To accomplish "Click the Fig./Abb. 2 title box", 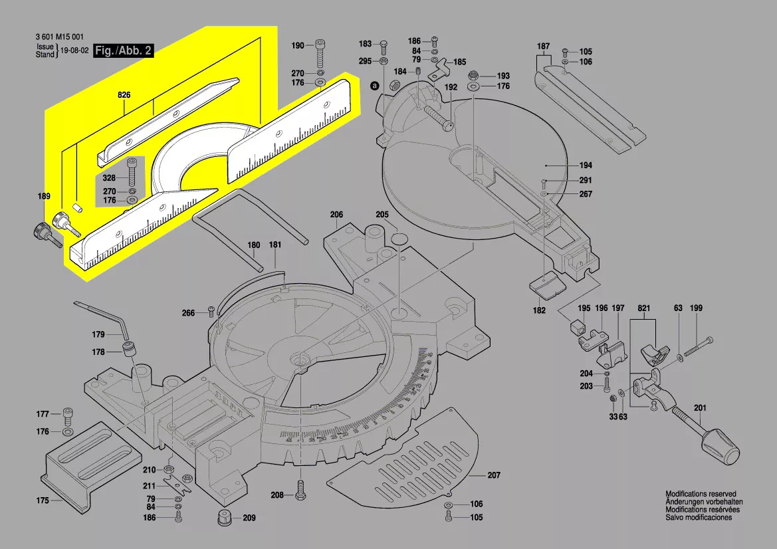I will point(124,51).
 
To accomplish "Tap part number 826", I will point(124,96).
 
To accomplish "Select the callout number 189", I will point(43,197).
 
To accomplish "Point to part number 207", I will point(494,475).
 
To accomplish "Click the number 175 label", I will point(43,500).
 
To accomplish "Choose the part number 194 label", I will point(566,165).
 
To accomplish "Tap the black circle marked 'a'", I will point(374,85).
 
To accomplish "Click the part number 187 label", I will point(544,46).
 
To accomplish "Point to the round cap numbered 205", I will point(399,239).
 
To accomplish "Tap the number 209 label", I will point(249,518).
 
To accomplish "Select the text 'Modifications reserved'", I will point(701,494).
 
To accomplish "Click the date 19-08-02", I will point(75,51).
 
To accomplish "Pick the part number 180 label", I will point(254,245).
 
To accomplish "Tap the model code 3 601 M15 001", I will point(59,37).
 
